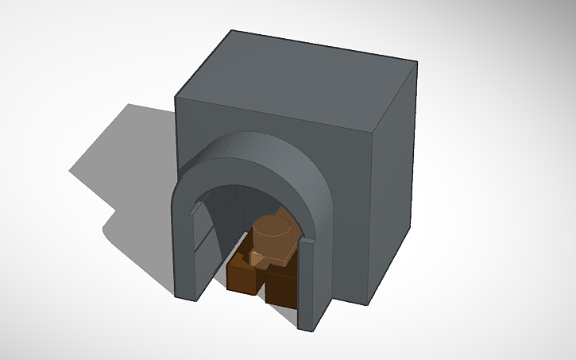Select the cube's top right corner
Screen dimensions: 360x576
[418, 61]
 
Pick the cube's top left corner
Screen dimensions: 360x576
[176, 97]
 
